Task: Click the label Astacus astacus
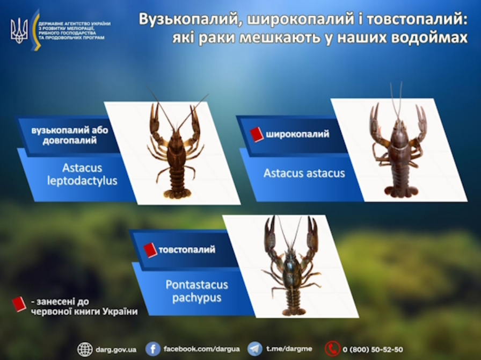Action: [x=304, y=174]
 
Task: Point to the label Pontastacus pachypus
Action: [x=196, y=291]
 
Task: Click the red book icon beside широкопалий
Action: [x=257, y=134]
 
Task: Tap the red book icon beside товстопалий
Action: [x=150, y=250]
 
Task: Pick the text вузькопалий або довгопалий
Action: [x=64, y=135]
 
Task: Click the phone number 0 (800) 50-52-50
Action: [x=373, y=349]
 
